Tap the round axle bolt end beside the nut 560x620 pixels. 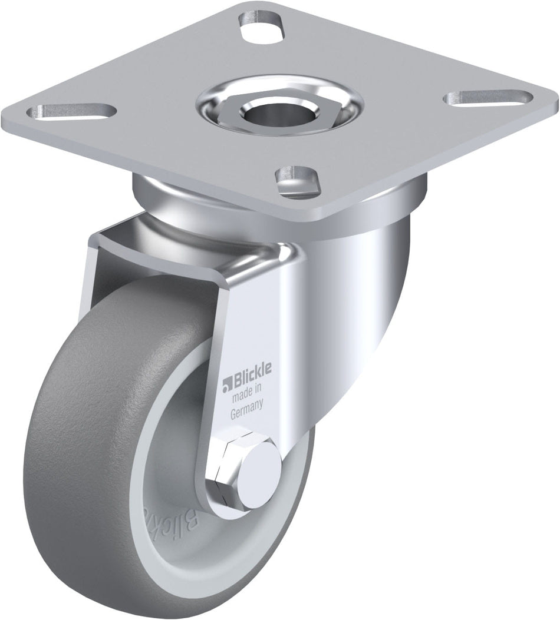pos(262,462)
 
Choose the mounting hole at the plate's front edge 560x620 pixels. pos(298,175)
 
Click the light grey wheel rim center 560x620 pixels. pos(177,471)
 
